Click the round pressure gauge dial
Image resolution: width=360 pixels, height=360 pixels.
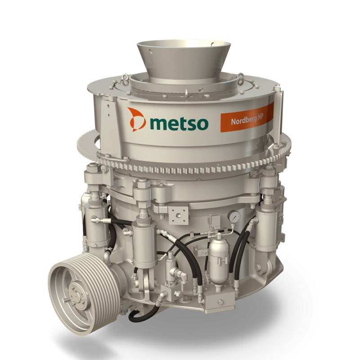pos(234,216)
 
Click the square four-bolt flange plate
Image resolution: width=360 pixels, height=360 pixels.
pos(178,215)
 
